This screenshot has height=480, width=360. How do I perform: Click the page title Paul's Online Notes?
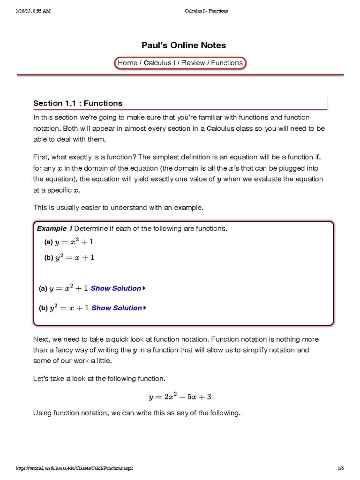tap(184, 45)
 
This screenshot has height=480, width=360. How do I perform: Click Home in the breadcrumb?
tap(127, 63)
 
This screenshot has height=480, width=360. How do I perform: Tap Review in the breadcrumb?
tap(193, 63)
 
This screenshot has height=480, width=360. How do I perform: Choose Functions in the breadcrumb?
tap(226, 63)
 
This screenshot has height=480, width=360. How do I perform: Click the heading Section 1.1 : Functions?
tap(78, 103)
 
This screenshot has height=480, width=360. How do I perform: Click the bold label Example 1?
tap(54, 229)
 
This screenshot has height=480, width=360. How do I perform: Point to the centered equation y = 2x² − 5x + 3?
tap(180, 397)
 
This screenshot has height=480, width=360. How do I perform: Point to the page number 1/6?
tap(340, 468)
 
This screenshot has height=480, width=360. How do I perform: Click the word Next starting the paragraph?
tap(41, 339)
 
